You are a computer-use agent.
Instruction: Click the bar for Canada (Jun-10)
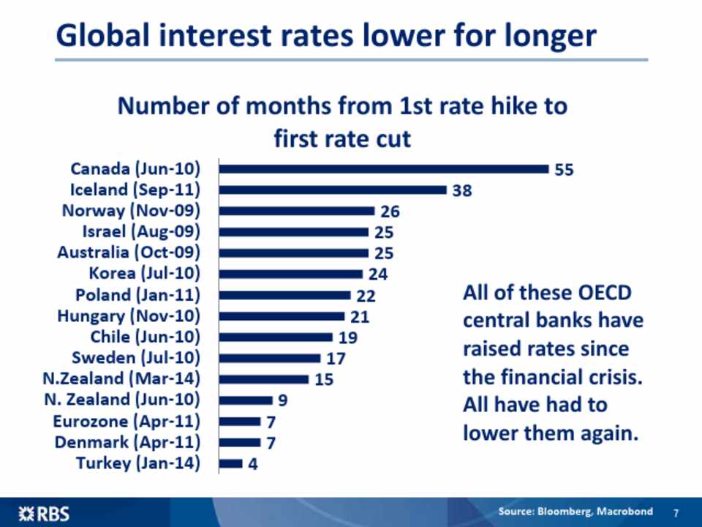[x=384, y=169]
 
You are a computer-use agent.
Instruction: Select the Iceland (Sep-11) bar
[x=333, y=190]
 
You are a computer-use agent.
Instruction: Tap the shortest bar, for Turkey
[x=231, y=463]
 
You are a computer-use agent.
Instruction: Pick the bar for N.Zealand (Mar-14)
[x=264, y=379]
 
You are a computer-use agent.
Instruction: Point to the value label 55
[x=564, y=170]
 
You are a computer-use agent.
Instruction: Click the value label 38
[x=461, y=191]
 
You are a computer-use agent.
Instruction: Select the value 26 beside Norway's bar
[x=390, y=212]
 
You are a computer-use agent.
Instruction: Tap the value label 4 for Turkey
[x=253, y=464]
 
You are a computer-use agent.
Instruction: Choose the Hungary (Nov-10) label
[x=129, y=316]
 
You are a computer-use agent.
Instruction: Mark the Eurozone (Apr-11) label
[x=127, y=422]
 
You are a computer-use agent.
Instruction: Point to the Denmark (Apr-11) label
[x=127, y=442]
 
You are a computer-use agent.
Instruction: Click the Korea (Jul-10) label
[x=144, y=274]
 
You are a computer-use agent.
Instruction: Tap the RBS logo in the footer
[x=44, y=513]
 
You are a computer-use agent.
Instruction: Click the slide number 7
[x=676, y=512]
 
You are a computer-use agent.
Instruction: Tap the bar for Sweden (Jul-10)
[x=270, y=358]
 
